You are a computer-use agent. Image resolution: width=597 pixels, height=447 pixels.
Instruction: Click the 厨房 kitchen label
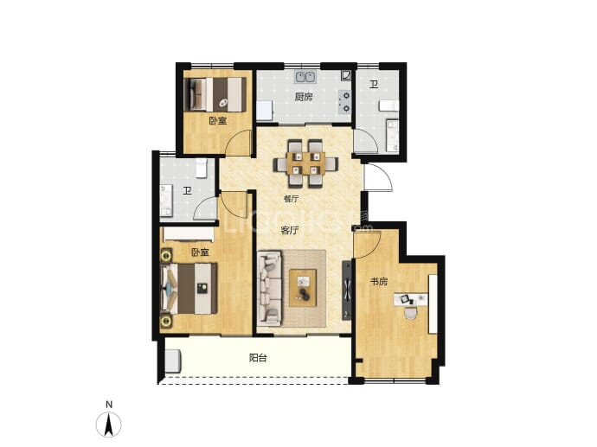[304, 97]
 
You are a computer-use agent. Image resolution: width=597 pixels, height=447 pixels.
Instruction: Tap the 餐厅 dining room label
[291, 199]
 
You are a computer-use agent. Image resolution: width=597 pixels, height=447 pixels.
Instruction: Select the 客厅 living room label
[289, 230]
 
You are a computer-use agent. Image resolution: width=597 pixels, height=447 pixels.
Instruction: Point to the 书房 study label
[379, 282]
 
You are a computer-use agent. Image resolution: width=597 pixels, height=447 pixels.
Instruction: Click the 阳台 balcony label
[258, 358]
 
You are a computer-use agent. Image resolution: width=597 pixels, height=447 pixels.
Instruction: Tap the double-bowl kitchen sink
[305, 77]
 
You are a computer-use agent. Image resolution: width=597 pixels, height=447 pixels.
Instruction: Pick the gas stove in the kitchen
[344, 102]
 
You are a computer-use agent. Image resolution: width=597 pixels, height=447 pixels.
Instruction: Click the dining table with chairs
[306, 163]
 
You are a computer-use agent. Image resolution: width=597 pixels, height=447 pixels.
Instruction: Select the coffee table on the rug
[303, 288]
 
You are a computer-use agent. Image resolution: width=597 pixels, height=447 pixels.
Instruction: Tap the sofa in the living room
[270, 288]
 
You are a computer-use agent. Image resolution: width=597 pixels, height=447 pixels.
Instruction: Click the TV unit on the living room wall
[347, 291]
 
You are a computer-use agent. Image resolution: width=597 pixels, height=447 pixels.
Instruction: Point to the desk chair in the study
[411, 312]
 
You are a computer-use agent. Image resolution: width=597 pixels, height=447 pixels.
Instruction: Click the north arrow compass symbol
[109, 424]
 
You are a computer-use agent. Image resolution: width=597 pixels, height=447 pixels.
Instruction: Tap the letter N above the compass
[109, 405]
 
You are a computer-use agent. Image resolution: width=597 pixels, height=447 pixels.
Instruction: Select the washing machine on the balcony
[174, 361]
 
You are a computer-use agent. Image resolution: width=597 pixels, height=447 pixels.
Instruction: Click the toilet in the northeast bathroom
[388, 105]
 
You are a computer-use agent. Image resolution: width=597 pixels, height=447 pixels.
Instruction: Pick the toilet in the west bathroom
[202, 169]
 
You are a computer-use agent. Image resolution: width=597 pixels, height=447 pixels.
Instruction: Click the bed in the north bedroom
[215, 94]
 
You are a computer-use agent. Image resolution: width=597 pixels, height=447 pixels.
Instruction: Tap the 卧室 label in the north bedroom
[218, 121]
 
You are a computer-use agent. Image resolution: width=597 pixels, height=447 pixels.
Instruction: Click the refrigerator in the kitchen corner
[265, 111]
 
